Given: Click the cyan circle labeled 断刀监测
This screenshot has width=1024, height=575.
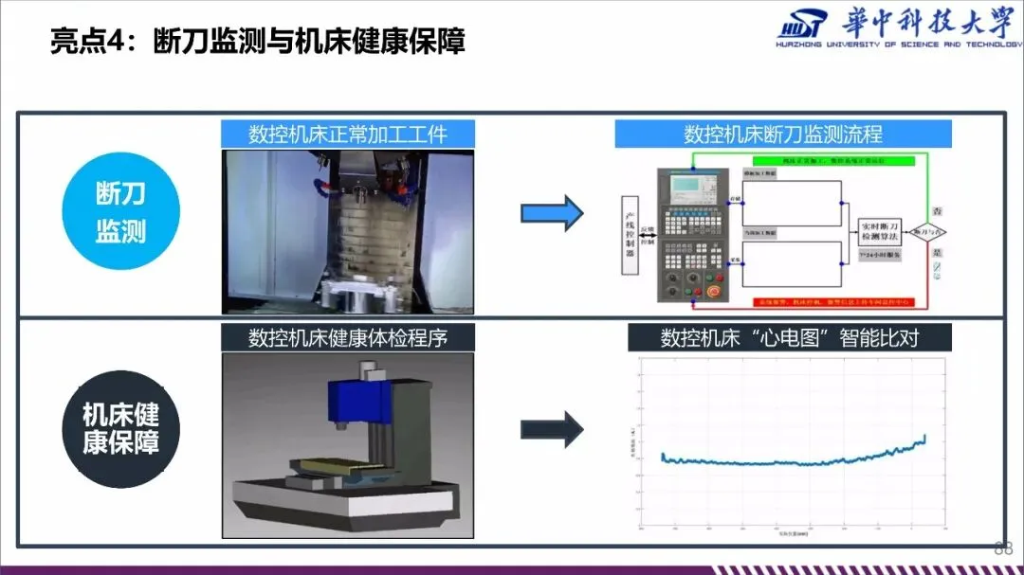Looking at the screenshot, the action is tap(119, 212).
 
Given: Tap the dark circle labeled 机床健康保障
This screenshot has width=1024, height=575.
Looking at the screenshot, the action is tap(119, 428).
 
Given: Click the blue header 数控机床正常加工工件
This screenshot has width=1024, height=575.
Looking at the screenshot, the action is tap(347, 133).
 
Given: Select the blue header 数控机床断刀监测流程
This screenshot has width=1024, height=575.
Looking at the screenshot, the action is tap(783, 133).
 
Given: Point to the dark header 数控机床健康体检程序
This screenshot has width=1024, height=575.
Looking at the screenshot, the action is tap(347, 338).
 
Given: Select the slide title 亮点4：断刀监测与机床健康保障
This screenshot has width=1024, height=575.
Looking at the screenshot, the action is tap(258, 42).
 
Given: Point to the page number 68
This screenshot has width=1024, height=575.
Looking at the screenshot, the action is tap(1003, 548).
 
